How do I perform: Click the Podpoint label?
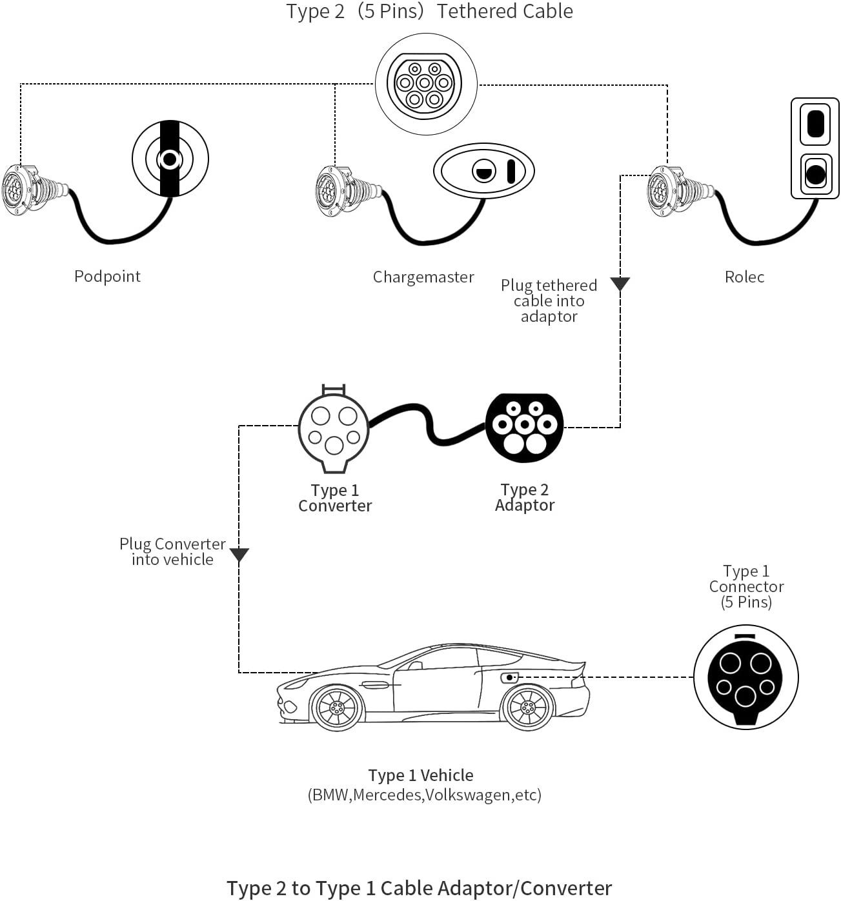click(107, 276)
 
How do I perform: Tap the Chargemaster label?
click(423, 277)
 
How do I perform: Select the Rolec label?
click(744, 277)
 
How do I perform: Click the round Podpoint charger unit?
click(170, 159)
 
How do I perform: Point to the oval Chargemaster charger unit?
click(484, 171)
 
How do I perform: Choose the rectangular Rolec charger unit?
click(815, 148)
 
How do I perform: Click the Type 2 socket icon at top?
click(425, 84)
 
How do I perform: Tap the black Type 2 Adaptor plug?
click(524, 428)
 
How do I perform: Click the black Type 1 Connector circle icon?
click(745, 678)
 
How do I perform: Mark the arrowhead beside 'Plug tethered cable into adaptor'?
click(620, 284)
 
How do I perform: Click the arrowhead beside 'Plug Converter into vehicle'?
click(239, 555)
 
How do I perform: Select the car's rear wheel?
click(527, 707)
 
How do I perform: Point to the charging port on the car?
click(509, 677)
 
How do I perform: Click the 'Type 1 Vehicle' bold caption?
click(421, 775)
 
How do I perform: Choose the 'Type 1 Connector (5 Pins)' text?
click(746, 586)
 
